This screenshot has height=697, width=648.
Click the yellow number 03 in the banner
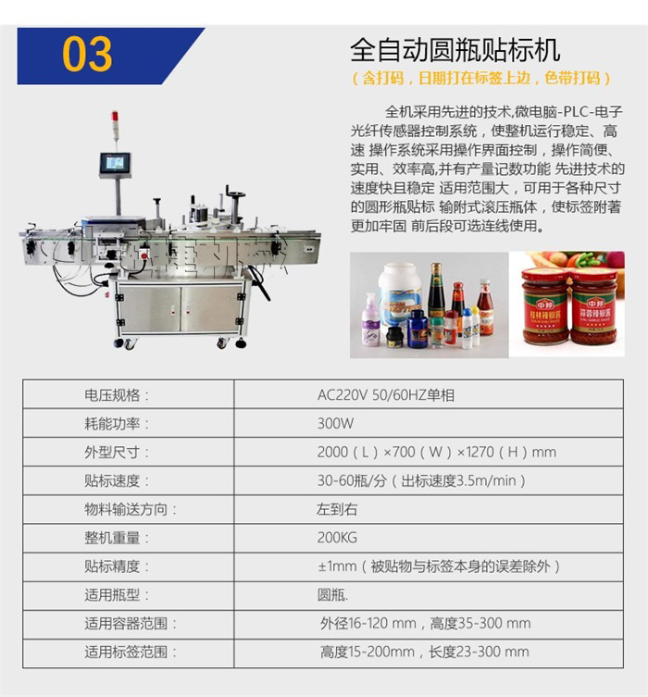[x=87, y=54]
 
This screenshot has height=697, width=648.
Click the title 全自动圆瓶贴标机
[x=455, y=48]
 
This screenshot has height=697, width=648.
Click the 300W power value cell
[x=335, y=423]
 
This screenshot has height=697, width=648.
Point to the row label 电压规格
[x=117, y=394]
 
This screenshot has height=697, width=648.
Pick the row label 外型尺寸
[x=117, y=452]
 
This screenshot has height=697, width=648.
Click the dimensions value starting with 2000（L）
[x=436, y=452]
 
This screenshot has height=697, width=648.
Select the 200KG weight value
[x=337, y=537]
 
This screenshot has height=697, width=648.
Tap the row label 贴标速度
[x=117, y=480]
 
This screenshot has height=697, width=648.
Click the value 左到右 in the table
[x=336, y=508]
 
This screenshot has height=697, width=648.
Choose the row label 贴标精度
[x=117, y=566]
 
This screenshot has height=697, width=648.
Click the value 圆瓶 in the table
[x=333, y=594]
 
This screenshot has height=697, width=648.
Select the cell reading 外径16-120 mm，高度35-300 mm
[x=425, y=623]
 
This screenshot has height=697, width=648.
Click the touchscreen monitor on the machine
[x=116, y=164]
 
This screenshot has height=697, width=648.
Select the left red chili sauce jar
[x=545, y=306]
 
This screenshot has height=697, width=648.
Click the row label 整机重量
[x=117, y=537]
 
